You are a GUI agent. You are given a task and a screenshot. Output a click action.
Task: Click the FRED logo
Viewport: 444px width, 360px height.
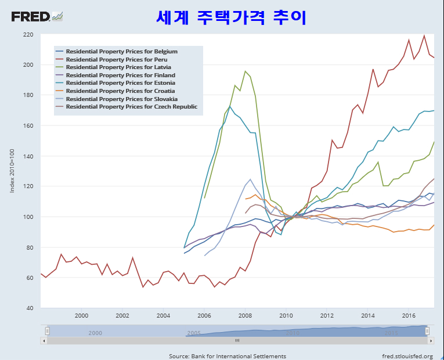(36, 16)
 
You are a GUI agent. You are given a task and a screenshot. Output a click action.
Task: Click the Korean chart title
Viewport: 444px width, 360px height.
(231, 17)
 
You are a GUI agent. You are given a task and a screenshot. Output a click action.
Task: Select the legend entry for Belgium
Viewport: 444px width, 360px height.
(121, 52)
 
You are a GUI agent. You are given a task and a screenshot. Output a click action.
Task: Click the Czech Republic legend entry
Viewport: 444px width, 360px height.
(131, 107)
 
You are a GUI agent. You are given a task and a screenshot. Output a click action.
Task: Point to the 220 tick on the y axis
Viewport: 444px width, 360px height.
(28, 35)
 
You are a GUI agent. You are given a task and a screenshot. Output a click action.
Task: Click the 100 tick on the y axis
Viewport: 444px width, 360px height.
(28, 217)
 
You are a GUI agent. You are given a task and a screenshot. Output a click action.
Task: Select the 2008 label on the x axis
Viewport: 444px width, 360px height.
(245, 315)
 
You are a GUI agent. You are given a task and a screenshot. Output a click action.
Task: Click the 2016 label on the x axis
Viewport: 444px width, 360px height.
(409, 315)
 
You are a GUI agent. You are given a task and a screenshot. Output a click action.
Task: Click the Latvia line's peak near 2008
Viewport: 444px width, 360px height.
(245, 71)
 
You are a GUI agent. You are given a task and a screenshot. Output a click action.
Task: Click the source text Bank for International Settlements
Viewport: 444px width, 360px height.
(228, 356)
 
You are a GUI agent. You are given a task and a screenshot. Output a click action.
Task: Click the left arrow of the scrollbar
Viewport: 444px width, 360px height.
(44, 340)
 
